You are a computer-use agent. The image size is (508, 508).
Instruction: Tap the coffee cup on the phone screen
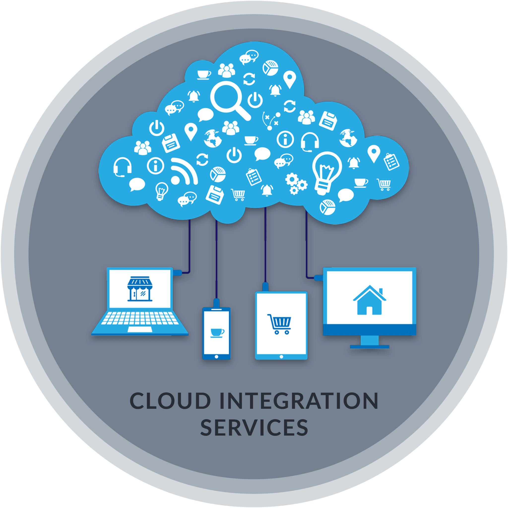(217, 333)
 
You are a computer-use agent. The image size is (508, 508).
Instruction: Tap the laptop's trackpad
(139, 329)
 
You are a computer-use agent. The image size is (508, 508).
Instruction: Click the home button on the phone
(216, 357)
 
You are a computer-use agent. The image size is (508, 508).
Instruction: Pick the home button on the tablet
(281, 356)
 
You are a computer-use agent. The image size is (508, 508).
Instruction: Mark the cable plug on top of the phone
(217, 303)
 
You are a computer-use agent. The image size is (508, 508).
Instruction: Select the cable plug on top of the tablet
(266, 286)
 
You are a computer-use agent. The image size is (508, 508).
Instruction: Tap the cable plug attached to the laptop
(178, 272)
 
